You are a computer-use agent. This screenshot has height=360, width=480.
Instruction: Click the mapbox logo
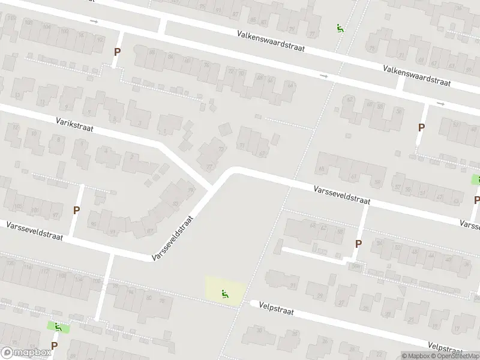[26, 353]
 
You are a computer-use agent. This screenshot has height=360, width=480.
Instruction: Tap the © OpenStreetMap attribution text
[455, 356]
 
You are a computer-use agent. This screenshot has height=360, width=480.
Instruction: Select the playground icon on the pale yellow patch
[226, 293]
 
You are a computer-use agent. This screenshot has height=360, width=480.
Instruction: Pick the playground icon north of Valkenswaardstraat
[340, 28]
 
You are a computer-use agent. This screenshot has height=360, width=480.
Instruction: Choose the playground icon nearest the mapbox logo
[58, 327]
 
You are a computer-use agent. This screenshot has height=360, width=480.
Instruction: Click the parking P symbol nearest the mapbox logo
[54, 346]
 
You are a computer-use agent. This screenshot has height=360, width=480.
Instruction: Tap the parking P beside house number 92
[117, 52]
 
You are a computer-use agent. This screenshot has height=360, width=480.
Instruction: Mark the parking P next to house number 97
[76, 210]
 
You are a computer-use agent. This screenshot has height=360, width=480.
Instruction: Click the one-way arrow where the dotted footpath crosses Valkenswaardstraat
[324, 76]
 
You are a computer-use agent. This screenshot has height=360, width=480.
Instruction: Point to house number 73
[221, 149]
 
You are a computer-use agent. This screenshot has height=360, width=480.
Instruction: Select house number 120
[9, 263]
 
